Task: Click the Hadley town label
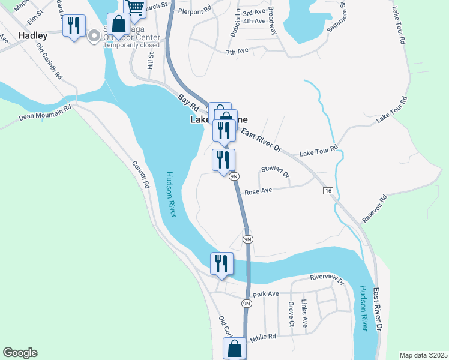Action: point(32,35)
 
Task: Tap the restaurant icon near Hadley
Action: point(74,26)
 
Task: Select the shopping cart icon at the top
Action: point(136,8)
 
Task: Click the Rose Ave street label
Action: point(259,191)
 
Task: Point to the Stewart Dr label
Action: point(275,172)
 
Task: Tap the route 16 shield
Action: point(327,190)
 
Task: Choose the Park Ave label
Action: point(266,294)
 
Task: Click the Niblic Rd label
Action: point(263,337)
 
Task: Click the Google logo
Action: point(20,353)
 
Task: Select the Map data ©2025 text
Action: point(423,355)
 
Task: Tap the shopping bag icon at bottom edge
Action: point(235,348)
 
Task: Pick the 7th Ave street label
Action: point(237,52)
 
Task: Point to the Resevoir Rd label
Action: point(375,208)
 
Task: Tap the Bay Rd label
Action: point(188,101)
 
